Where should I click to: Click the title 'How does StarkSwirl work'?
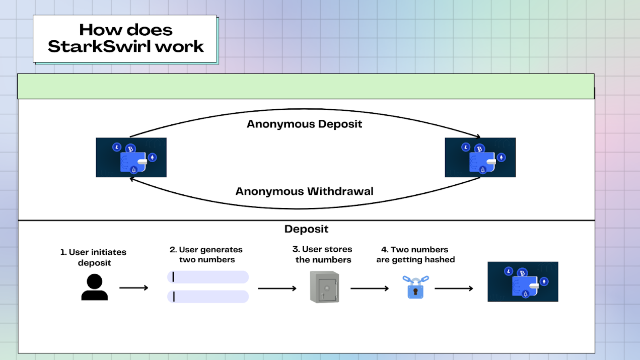click(x=125, y=38)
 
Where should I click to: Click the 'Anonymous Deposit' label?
click(x=304, y=124)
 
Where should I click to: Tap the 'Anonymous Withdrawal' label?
click(x=304, y=191)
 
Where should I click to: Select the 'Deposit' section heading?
click(x=306, y=229)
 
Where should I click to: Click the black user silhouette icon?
click(x=95, y=287)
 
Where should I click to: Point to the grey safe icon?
click(x=324, y=287)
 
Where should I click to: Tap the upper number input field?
click(x=208, y=277)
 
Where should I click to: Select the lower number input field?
click(x=208, y=297)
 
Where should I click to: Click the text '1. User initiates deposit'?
click(x=94, y=257)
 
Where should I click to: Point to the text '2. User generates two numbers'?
click(x=206, y=255)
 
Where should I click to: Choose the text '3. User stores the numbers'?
click(x=323, y=255)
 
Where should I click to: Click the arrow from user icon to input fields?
click(x=133, y=288)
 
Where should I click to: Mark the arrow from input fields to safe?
click(x=277, y=289)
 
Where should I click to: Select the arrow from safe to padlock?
click(x=370, y=289)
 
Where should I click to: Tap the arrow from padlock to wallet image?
click(x=454, y=289)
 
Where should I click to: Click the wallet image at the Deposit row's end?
click(x=523, y=281)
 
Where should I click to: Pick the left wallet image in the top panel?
click(x=131, y=157)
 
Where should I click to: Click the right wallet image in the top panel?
click(x=480, y=157)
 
